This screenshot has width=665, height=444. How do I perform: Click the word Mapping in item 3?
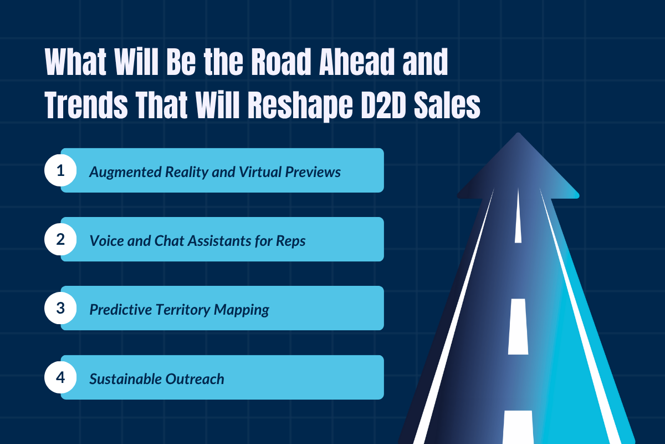point(244,310)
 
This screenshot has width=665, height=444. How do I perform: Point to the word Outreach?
point(196,379)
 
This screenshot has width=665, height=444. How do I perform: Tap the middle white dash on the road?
point(518,326)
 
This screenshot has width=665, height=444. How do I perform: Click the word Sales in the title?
point(451,106)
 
